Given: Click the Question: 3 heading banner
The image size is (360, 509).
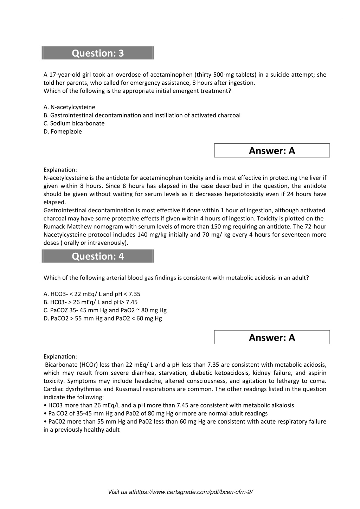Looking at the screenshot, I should click(x=98, y=53).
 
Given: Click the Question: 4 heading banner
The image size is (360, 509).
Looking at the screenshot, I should click(x=98, y=256).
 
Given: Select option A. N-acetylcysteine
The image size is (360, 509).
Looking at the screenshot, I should click(x=69, y=107).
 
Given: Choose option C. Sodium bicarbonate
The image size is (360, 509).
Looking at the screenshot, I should click(x=74, y=123).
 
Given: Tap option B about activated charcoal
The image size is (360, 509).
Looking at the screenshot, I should click(x=142, y=115).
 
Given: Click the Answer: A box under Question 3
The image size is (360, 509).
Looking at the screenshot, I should click(x=272, y=150).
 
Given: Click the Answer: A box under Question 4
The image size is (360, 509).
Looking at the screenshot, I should click(x=272, y=337).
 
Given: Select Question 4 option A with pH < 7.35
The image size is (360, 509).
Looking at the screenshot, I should click(x=92, y=294).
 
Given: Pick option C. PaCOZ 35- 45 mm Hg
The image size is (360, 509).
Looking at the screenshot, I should click(x=105, y=310).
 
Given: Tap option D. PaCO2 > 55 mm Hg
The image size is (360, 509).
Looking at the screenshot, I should click(x=103, y=318).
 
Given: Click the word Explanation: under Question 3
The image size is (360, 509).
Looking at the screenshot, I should click(x=60, y=170).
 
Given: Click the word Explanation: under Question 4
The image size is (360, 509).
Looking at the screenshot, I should click(x=60, y=356).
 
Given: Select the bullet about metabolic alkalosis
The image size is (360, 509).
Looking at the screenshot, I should click(x=169, y=405).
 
